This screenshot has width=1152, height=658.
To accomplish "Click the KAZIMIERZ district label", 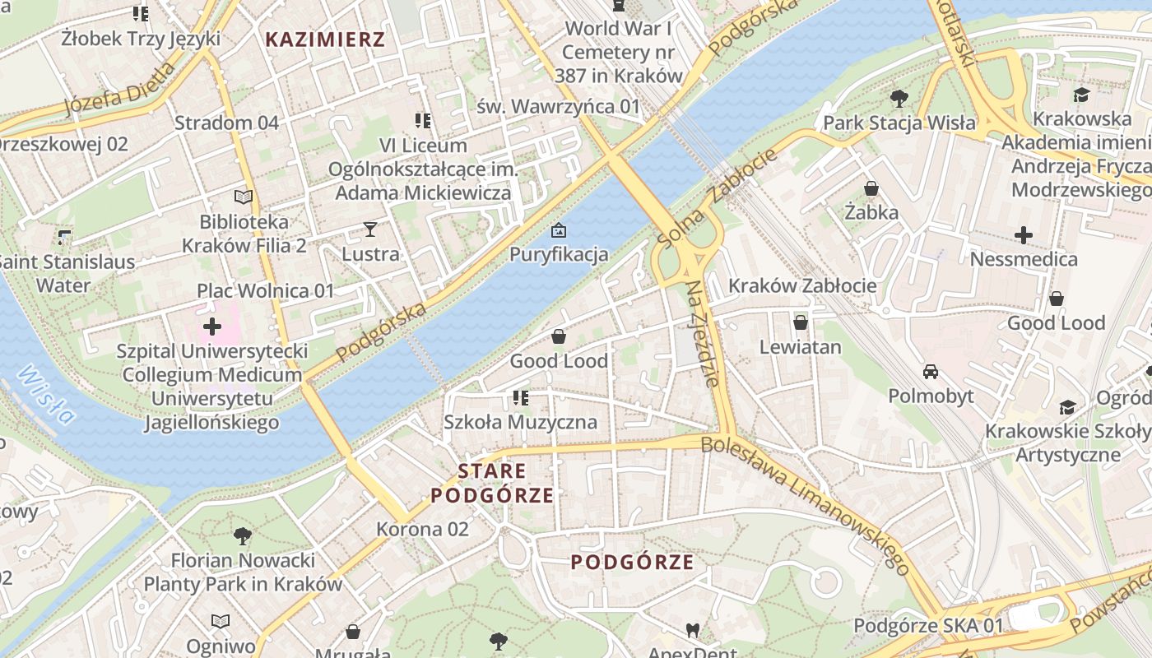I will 325,39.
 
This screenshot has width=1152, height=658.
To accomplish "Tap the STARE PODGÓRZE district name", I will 492,484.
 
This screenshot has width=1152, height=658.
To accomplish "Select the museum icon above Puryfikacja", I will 559,230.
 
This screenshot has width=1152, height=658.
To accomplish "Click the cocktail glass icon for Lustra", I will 370,229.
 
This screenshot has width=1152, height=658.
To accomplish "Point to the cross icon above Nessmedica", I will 1024,236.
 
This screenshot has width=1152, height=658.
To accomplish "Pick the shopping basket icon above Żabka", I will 871,189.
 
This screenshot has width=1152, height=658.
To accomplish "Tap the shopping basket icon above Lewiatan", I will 800,322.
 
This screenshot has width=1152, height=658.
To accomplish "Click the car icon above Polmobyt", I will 931,372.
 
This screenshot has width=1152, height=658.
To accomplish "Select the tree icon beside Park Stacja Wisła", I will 899,99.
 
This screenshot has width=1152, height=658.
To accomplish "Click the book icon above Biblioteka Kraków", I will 244,197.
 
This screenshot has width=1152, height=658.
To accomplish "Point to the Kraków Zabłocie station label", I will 802,286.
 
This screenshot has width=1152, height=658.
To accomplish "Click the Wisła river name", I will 46,393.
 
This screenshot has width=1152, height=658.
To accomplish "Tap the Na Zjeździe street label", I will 704,333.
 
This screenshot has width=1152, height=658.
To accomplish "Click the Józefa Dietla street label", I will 120,91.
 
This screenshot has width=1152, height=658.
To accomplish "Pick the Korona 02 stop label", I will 422,529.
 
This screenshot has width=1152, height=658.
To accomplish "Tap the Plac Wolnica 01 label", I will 265,291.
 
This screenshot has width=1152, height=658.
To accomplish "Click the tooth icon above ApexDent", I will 693,630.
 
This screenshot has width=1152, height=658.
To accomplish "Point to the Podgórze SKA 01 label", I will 928,626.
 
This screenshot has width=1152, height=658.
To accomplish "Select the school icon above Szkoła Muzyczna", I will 520,398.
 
